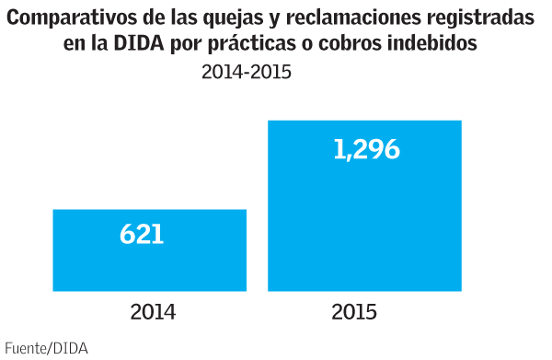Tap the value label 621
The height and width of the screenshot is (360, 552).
tap(142, 234)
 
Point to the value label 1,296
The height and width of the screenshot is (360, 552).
tap(366, 150)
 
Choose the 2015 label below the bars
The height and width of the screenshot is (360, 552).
tap(353, 311)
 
